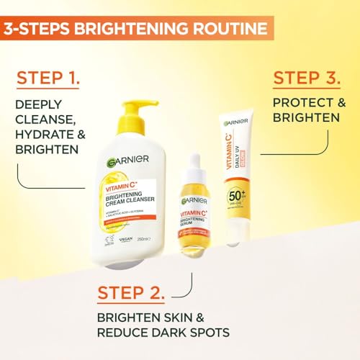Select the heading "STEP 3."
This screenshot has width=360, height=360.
307,77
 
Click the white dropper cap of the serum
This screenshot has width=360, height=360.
194,171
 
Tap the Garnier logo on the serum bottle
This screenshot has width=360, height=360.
194,199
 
